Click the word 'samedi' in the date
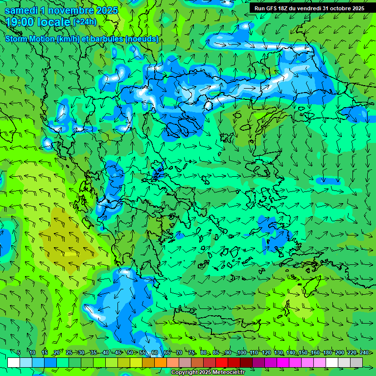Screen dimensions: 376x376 pyautogui.click(x=21, y=10)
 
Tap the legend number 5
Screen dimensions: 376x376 pyautogui.click(x=19, y=353)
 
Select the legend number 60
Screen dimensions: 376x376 pyautogui.click(x=155, y=353)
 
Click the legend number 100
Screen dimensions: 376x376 pyautogui.click(x=241, y=353)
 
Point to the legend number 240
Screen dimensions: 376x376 pyautogui.click(x=364, y=353)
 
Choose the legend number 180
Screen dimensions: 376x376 pyautogui.click(x=327, y=353)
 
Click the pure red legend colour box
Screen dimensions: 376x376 pyautogui.click(x=222, y=362)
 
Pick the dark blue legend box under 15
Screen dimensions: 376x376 pyautogui.click(x=50, y=362)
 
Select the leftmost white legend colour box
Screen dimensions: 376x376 pyautogui.click(x=14, y=362)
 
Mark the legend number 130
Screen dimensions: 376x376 pyautogui.click(x=278, y=353)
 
